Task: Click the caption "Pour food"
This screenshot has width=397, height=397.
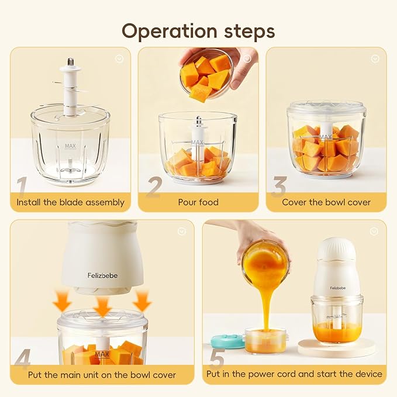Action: tap(198, 202)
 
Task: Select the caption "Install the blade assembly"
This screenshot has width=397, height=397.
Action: tap(70, 202)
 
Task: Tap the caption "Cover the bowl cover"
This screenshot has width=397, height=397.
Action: tap(326, 202)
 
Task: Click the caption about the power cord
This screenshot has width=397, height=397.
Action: tap(294, 374)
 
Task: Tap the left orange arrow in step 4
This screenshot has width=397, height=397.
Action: tap(61, 301)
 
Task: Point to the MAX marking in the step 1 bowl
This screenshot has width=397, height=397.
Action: tap(71, 146)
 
